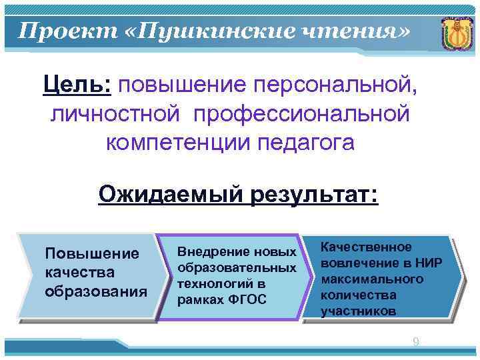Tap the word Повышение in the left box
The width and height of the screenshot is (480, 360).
click(91, 254)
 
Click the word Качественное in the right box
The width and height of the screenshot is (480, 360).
click(366, 247)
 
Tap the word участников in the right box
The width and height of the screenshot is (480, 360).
click(358, 311)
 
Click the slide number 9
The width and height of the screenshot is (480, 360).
click(416, 342)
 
